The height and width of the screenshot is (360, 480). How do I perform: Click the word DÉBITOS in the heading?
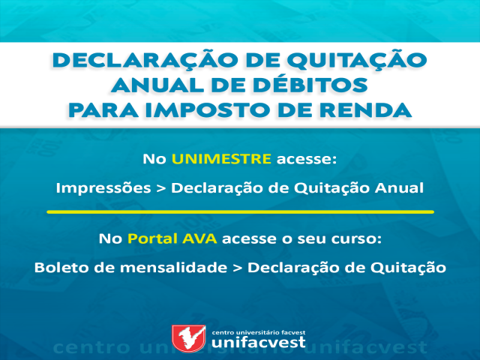(x=310, y=84)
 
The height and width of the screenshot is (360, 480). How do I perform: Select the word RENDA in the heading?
(x=365, y=109)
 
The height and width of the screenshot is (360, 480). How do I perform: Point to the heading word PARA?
(x=103, y=109)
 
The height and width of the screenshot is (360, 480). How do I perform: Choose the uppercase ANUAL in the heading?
(x=157, y=85)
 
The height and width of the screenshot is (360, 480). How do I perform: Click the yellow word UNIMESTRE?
(x=221, y=159)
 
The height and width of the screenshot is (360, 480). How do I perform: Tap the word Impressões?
(x=103, y=188)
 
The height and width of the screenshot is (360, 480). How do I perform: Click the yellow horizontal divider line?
(x=240, y=211)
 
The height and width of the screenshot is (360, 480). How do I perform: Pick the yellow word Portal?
(x=152, y=238)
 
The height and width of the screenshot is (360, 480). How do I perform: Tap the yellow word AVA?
(x=199, y=238)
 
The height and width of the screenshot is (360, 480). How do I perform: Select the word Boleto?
(x=61, y=267)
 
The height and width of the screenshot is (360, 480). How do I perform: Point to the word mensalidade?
(x=173, y=267)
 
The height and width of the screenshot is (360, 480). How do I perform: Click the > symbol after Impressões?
(x=160, y=188)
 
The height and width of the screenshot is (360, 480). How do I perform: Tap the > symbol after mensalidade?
(x=237, y=268)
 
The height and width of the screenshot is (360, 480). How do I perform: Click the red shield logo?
(x=188, y=338)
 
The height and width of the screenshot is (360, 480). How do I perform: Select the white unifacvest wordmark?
(x=259, y=342)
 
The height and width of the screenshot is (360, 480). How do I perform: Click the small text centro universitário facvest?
(x=259, y=332)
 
